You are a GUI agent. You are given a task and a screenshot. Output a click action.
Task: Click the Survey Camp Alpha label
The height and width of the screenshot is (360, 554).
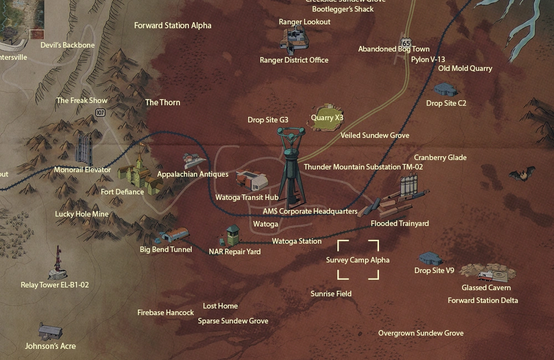[x=357, y=260]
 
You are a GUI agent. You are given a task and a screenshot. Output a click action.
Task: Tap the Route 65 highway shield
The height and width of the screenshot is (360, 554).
[x=407, y=43]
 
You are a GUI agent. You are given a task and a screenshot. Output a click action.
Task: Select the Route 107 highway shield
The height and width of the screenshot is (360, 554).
[x=100, y=112]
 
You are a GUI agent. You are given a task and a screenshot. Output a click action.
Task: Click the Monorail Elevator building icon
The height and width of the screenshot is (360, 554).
[x=84, y=148]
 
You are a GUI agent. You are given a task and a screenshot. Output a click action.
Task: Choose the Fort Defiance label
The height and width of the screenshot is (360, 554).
[x=122, y=192]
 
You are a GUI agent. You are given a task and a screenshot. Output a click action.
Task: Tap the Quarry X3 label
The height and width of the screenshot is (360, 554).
[x=327, y=117]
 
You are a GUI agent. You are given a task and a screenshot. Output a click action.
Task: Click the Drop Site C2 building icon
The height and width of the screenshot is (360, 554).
[x=446, y=89]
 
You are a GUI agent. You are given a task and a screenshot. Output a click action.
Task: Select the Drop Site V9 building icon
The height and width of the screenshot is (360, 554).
[x=430, y=258]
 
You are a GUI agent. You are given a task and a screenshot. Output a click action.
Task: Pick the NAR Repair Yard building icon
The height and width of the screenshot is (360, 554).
[x=232, y=236]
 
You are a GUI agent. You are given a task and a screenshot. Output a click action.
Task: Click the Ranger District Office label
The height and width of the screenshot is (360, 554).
[x=294, y=60]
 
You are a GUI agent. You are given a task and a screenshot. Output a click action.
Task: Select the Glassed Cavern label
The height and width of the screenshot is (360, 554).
[x=486, y=287]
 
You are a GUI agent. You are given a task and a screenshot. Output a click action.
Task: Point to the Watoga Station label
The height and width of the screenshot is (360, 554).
[x=296, y=241]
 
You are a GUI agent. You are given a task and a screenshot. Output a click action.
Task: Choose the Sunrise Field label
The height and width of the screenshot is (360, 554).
[x=331, y=294]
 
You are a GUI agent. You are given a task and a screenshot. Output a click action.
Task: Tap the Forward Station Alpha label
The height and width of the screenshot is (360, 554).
[x=172, y=25]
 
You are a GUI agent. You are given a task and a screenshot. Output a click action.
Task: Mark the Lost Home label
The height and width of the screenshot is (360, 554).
[x=220, y=306]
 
